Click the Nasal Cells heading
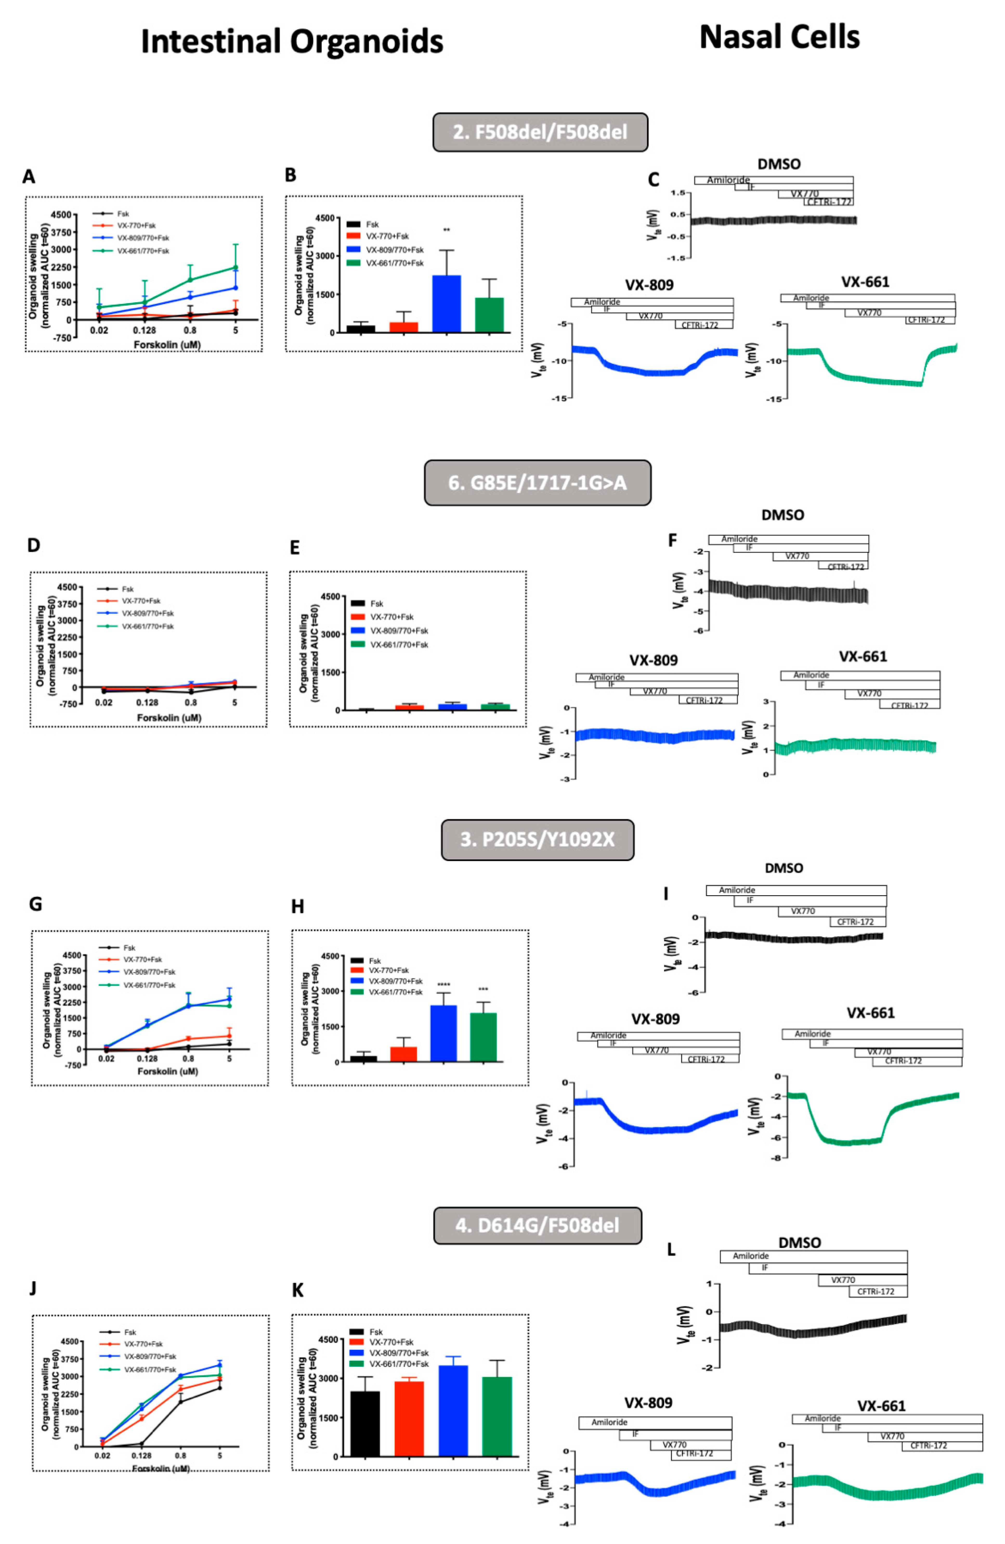coord(779,37)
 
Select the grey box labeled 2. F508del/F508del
coord(540,132)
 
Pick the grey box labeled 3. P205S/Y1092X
coord(537,839)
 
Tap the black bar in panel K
coord(365,1423)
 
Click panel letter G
coord(36,904)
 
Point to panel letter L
coord(671,1249)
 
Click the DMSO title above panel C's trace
coord(779,164)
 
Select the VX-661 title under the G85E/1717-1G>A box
coord(862,656)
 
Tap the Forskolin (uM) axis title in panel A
coord(167,344)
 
